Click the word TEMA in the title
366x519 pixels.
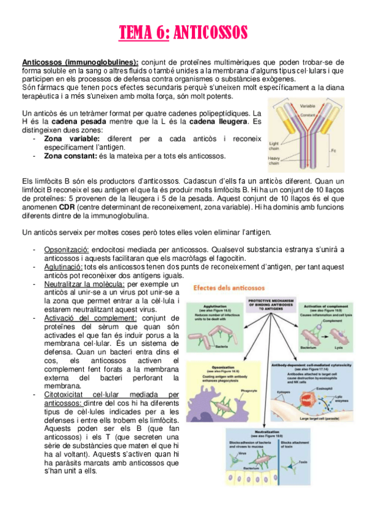click(x=135, y=32)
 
